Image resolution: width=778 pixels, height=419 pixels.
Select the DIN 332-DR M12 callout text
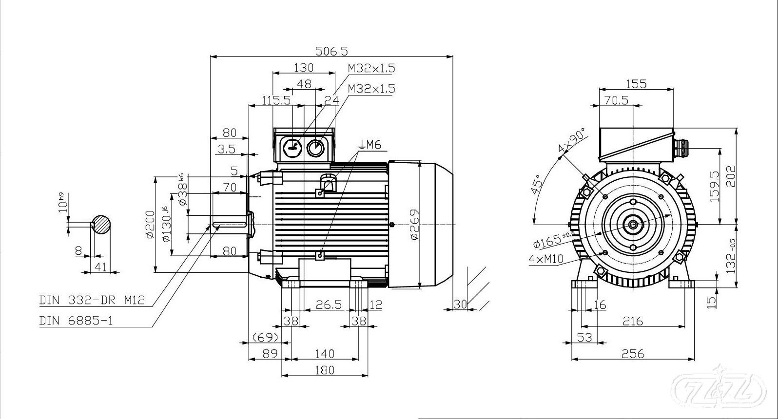[x=92, y=300]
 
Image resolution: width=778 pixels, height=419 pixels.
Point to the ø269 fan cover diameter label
[x=414, y=225]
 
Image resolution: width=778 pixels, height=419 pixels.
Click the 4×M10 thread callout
[x=546, y=259]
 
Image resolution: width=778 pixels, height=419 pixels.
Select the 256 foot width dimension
[x=632, y=353]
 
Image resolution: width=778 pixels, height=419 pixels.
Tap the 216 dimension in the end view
[x=632, y=321]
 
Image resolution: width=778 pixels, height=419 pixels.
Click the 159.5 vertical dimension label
[x=726, y=188]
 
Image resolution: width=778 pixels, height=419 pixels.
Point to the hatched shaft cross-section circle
[x=101, y=225]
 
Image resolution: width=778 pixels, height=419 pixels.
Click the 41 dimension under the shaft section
[x=100, y=267]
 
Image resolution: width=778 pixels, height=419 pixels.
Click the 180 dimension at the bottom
[x=325, y=370]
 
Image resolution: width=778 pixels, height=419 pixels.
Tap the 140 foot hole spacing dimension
[x=325, y=353]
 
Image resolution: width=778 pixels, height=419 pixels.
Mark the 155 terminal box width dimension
[x=636, y=84]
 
